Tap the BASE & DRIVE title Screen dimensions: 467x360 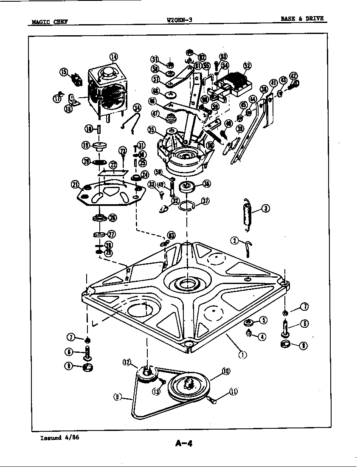302,19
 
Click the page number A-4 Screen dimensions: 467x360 184,444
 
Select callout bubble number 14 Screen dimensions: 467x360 113,57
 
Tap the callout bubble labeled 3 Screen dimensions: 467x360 265,208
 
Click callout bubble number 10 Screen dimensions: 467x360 225,371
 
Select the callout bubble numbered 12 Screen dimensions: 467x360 127,362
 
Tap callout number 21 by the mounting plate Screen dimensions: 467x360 75,184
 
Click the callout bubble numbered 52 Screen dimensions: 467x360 247,65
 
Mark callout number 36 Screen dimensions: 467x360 207,183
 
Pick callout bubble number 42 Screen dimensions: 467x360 293,76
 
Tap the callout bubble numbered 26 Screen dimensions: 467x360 112,218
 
